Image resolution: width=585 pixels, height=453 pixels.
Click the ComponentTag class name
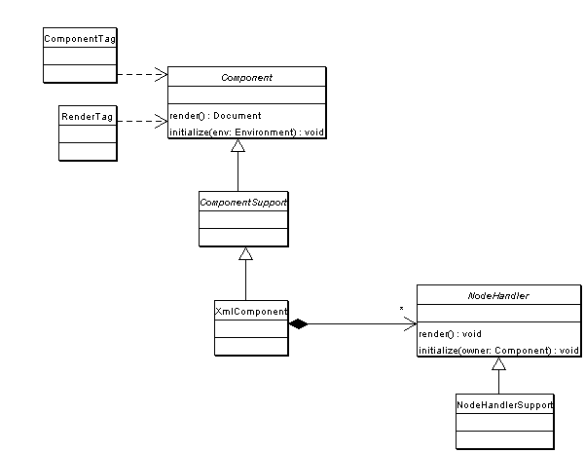click(x=80, y=39)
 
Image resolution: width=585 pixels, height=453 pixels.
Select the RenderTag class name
click(x=87, y=117)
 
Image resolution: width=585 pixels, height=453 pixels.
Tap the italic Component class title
click(x=246, y=78)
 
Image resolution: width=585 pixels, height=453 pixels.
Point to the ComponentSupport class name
click(x=243, y=203)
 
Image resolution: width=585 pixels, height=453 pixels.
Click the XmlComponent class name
click(x=251, y=312)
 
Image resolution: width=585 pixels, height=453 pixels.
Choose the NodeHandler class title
click(x=498, y=296)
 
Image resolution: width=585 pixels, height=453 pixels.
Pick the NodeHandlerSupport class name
click(x=505, y=405)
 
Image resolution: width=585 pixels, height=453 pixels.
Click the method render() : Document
click(x=215, y=116)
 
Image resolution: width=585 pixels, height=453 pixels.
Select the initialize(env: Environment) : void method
click(x=246, y=132)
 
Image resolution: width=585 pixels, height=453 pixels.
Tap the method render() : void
click(x=450, y=334)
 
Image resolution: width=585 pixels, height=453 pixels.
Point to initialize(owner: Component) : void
click(x=498, y=351)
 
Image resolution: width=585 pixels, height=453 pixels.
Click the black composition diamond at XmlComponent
click(x=299, y=323)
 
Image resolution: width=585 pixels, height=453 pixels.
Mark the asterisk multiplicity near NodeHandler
click(x=401, y=309)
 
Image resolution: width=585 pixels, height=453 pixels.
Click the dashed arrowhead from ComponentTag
click(x=162, y=74)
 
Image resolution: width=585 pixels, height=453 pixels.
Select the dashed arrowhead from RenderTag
click(x=162, y=121)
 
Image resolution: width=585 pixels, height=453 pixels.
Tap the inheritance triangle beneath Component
click(x=238, y=146)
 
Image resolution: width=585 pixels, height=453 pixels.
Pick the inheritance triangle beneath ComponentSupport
click(x=246, y=253)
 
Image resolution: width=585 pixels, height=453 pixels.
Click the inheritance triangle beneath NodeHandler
click(x=498, y=363)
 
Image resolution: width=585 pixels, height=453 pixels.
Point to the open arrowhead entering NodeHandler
click(x=410, y=323)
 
